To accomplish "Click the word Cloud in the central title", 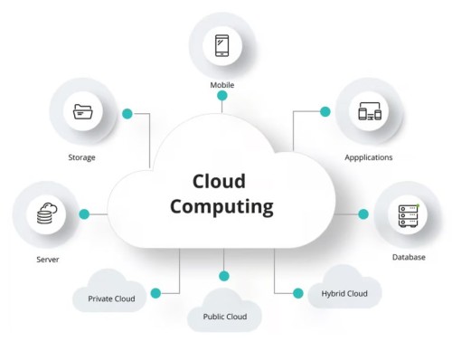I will [x=220, y=180].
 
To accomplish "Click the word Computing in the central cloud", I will [x=221, y=206].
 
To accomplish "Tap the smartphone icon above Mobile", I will [x=222, y=45].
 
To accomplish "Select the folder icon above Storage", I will [x=83, y=112].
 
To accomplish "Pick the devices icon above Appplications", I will [x=368, y=112].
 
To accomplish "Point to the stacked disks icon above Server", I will [x=45, y=214].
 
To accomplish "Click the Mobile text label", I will [x=222, y=85].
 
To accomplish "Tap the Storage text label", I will [x=82, y=156].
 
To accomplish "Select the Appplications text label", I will [x=368, y=156].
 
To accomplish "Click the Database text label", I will [x=408, y=257].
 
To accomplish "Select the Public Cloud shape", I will [x=224, y=315].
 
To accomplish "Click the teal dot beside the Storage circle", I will [x=127, y=114].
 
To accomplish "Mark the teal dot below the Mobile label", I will [x=222, y=107].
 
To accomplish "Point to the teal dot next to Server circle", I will [x=84, y=214].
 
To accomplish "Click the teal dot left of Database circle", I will [x=363, y=214].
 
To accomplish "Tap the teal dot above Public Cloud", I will [x=224, y=276].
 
